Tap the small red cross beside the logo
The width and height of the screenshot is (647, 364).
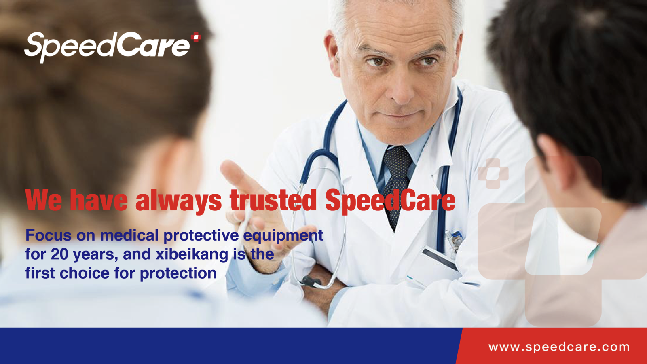[x=196, y=37]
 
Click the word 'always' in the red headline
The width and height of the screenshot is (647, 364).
[x=178, y=201]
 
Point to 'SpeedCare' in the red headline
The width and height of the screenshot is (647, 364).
[x=390, y=201]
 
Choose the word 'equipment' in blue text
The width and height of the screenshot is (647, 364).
[x=283, y=236]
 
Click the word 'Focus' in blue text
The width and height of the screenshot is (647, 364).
[x=48, y=235]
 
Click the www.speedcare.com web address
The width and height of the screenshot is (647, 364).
[x=559, y=347]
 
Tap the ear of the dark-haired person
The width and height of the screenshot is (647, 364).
[x=549, y=162]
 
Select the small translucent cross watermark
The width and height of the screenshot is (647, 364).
[x=493, y=174]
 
